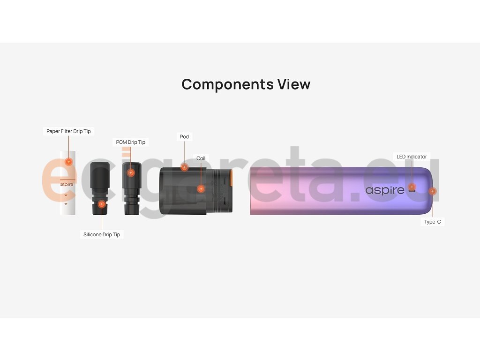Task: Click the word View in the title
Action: (294, 84)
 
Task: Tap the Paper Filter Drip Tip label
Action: (68, 131)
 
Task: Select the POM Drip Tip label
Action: (131, 142)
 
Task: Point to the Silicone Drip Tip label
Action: (102, 234)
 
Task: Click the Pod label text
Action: (184, 137)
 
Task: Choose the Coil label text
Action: (201, 158)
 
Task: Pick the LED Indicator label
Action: (412, 157)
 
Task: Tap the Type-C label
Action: (432, 222)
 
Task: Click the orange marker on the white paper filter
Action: (68, 162)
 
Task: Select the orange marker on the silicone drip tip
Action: (102, 204)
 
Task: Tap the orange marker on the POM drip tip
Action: (131, 173)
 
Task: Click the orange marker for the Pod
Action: (184, 167)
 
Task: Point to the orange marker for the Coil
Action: (201, 189)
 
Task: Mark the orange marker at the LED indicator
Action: (412, 187)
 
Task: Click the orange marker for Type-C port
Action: (432, 191)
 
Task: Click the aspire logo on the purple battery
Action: (384, 190)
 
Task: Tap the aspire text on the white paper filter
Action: (67, 184)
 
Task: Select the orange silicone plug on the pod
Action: (231, 179)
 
